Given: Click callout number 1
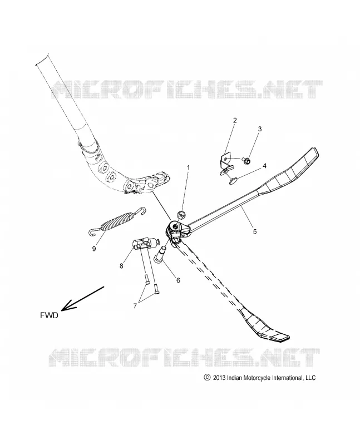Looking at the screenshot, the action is tap(188, 168).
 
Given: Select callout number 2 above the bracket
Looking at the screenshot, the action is tap(235, 120).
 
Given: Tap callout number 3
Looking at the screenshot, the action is tap(259, 129).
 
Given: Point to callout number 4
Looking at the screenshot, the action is tap(264, 166).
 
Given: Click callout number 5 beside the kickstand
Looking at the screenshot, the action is tap(255, 231).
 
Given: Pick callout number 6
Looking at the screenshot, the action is tap(178, 280).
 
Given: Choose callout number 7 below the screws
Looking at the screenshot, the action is tap(135, 305).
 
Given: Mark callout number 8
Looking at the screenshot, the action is tap(121, 266).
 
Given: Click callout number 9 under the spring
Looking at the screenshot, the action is tap(94, 248).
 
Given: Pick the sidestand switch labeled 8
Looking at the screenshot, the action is tap(144, 244).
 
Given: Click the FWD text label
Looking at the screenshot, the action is tap(49, 315).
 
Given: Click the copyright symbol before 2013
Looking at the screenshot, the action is tap(207, 378).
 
